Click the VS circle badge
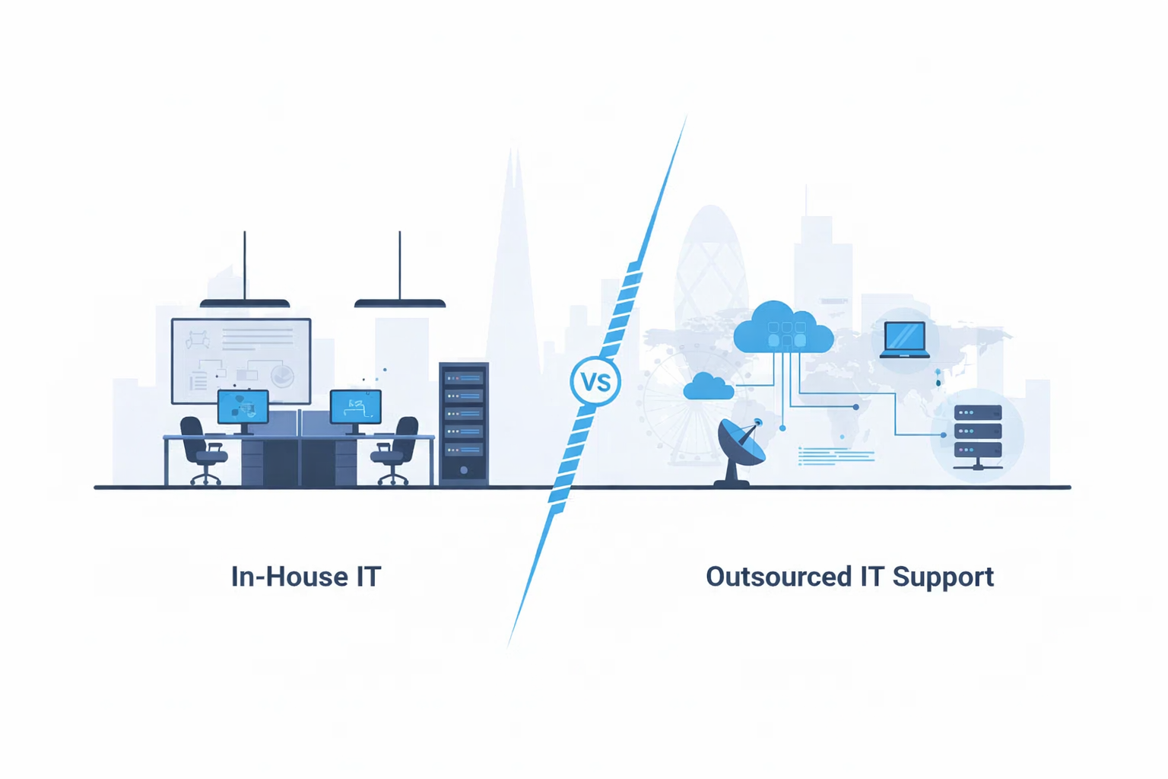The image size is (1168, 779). [x=595, y=381]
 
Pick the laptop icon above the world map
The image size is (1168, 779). [x=904, y=339]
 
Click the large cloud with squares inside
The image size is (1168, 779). [x=783, y=329]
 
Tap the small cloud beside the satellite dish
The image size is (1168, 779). [x=708, y=387]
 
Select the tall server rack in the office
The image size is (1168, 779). [x=464, y=423]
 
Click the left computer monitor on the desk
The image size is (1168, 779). [x=243, y=408]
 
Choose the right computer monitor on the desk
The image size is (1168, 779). [x=355, y=408]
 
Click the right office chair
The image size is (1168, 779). [x=396, y=450]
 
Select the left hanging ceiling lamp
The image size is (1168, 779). [x=245, y=303]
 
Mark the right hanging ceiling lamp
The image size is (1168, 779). [x=400, y=303]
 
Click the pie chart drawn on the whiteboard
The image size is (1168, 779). [x=282, y=376]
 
